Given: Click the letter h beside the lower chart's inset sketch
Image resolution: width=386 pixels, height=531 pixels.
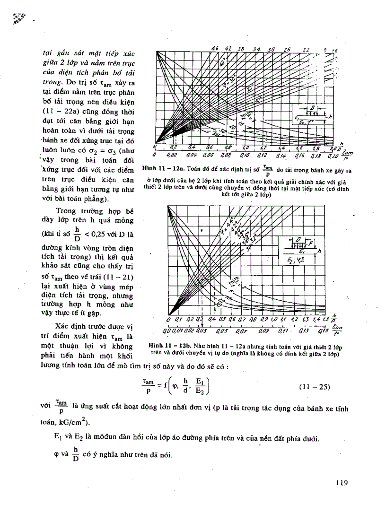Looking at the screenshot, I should [319, 251].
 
